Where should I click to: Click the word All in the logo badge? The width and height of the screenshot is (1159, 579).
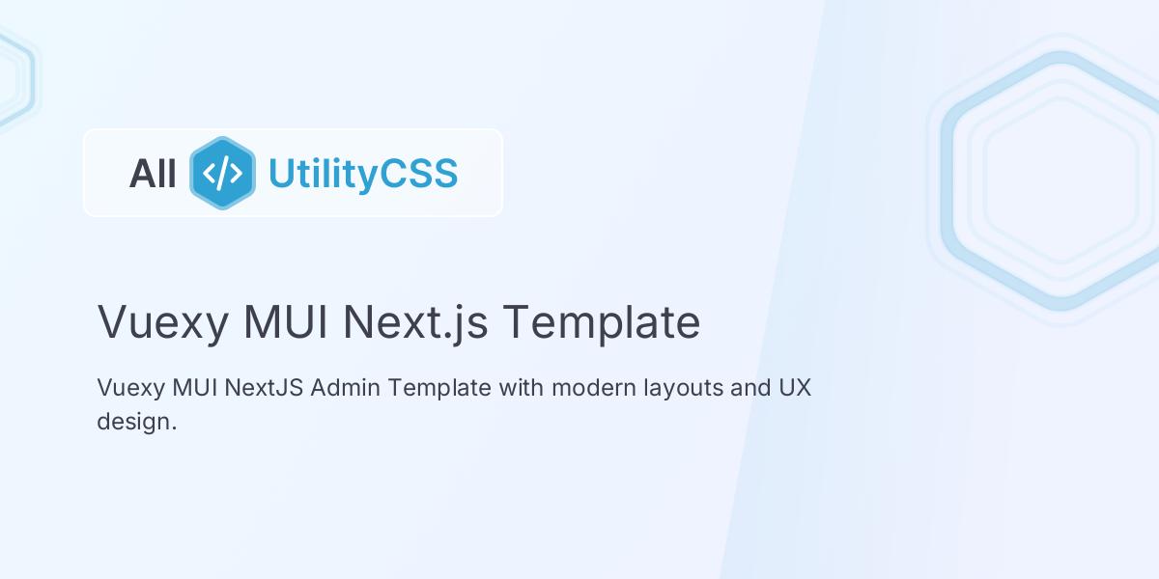pyautogui.click(x=153, y=174)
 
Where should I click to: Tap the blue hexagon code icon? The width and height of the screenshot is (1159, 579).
pyautogui.click(x=222, y=173)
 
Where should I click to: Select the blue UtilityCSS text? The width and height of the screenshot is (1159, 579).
pyautogui.click(x=362, y=174)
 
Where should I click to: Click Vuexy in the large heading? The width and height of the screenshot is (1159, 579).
pyautogui.click(x=162, y=321)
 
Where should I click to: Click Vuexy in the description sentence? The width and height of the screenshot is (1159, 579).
pyautogui.click(x=130, y=388)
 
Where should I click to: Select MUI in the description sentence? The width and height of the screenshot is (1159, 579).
pyautogui.click(x=195, y=388)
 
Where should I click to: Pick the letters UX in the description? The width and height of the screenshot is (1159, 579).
pyautogui.click(x=795, y=388)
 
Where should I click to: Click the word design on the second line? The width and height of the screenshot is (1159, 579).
pyautogui.click(x=136, y=422)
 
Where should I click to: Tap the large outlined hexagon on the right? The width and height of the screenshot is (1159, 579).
pyautogui.click(x=1060, y=180)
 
